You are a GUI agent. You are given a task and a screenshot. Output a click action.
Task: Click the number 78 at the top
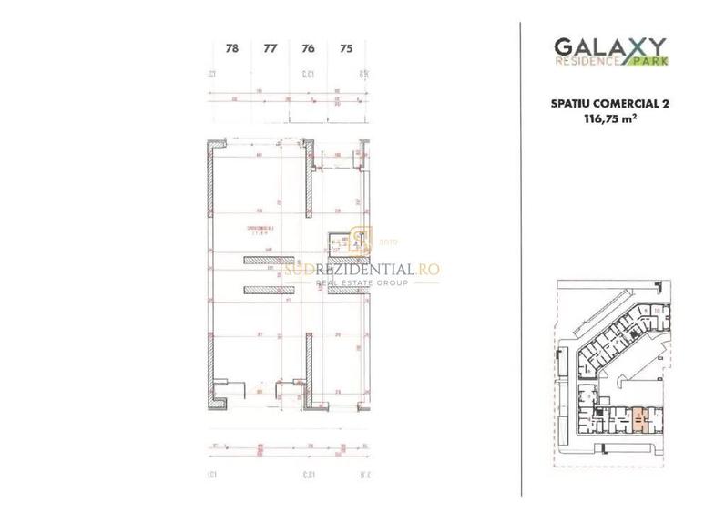[x=231, y=49]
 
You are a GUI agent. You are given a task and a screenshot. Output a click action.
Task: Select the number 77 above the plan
[x=270, y=49]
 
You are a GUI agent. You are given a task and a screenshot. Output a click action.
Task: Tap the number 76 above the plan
[x=308, y=49]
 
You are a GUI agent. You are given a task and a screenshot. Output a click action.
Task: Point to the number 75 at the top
[x=345, y=49]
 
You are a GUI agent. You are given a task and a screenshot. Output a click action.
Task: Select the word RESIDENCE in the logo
[x=586, y=61]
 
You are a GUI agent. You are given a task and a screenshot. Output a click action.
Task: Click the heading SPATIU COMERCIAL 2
[x=611, y=105]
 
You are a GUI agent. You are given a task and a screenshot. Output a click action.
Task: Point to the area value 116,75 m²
[x=611, y=118]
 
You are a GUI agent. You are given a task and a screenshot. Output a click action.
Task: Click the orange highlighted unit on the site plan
[x=641, y=418]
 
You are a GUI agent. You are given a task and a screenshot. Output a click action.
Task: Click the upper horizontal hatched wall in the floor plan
[x=268, y=261]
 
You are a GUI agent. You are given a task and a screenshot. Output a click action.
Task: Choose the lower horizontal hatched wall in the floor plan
[x=268, y=291]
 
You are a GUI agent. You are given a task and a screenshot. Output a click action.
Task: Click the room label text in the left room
[x=260, y=229]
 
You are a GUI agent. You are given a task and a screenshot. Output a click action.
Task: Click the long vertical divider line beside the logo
[x=521, y=255]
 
